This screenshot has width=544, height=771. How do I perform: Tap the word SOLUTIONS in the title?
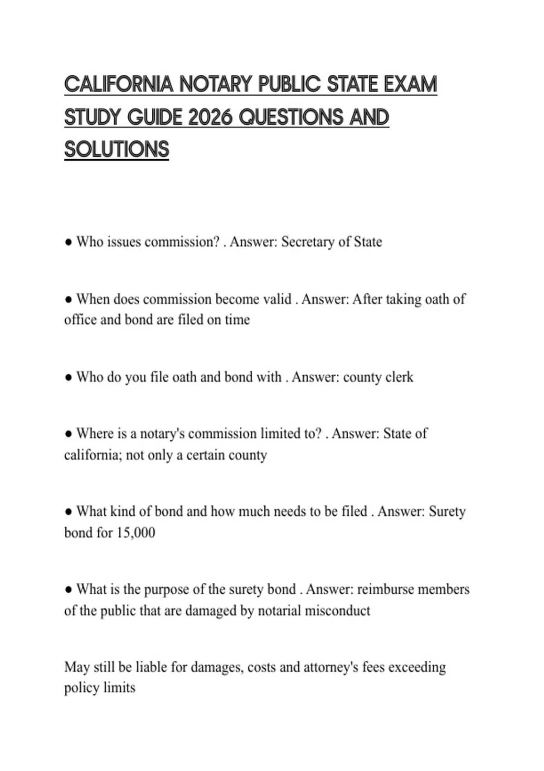click(117, 150)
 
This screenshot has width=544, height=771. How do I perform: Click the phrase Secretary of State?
click(331, 242)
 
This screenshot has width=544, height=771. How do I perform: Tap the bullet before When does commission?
click(68, 300)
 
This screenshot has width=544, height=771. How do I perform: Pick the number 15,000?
click(136, 532)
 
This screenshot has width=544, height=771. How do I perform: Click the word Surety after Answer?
click(447, 512)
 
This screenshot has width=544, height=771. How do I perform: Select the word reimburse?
click(385, 590)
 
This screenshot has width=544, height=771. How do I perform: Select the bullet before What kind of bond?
click(68, 512)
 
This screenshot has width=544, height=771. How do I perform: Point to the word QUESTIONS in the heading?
click(291, 117)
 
